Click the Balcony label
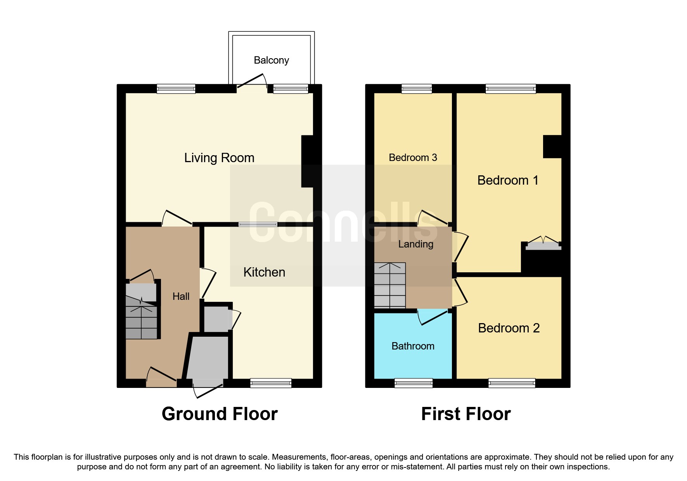tap(271, 60)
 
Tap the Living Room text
tap(219, 158)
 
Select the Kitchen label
tap(264, 272)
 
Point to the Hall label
tap(181, 296)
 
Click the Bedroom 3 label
tap(413, 157)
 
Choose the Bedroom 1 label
tap(507, 180)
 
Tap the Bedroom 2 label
tap(509, 328)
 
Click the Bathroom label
tap(413, 346)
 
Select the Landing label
tap(415, 244)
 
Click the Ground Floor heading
tap(220, 414)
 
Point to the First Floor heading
tap(465, 414)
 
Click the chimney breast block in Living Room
tap(310, 161)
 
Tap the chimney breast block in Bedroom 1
tap(552, 147)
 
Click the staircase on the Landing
tap(389, 285)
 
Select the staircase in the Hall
tap(141, 318)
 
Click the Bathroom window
tap(413, 383)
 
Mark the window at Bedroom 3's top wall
tap(416, 89)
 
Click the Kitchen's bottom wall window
tap(271, 383)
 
